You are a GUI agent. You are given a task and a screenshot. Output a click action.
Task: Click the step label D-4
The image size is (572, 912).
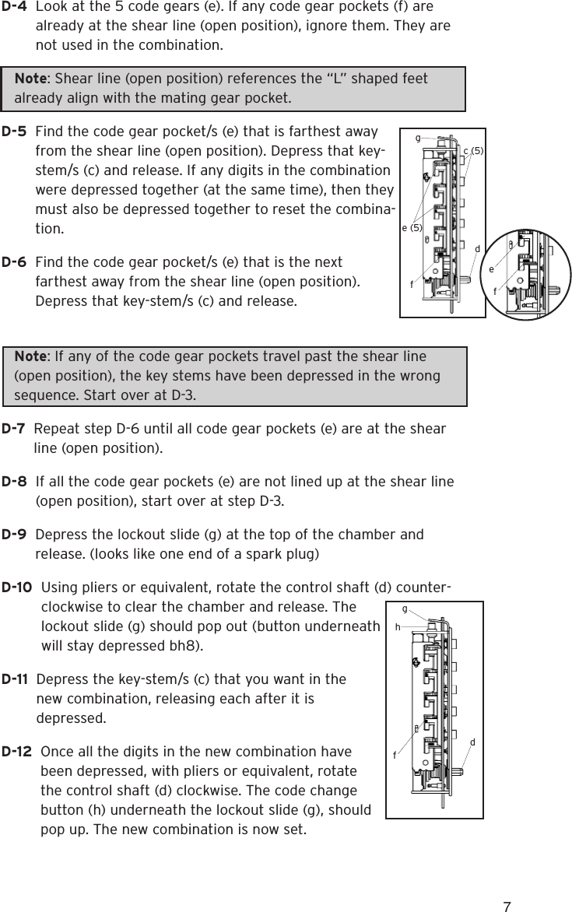tap(16, 7)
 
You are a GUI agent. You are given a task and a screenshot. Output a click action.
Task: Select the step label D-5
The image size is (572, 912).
tap(16, 132)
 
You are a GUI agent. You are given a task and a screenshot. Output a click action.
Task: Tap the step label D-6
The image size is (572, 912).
tap(16, 263)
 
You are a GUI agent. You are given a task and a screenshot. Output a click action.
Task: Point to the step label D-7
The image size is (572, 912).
tap(16, 430)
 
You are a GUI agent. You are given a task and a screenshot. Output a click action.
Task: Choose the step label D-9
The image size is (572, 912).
tap(16, 535)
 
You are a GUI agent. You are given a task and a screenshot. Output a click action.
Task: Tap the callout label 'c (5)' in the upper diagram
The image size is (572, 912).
tap(473, 149)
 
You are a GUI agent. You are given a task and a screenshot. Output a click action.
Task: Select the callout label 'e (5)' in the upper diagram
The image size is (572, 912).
tap(411, 228)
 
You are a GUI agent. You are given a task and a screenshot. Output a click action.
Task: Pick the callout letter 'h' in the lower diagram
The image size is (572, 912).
tap(398, 625)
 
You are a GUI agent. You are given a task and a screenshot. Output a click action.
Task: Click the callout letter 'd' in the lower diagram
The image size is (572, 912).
tap(472, 742)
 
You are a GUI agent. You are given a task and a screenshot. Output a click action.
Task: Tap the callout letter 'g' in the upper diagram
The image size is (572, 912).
tap(418, 138)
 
